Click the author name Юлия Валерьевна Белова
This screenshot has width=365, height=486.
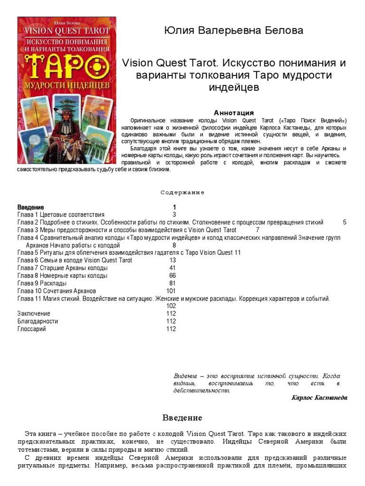[x=233, y=31]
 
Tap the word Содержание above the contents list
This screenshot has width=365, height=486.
[x=182, y=193]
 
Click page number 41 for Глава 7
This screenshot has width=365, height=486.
[x=173, y=268]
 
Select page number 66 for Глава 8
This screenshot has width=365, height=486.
[x=173, y=275]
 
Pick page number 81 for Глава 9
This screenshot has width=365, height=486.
[x=173, y=283]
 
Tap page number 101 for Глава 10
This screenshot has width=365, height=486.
[x=171, y=290]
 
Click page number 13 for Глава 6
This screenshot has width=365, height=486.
[x=173, y=260]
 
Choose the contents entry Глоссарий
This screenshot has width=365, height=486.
[x=31, y=329]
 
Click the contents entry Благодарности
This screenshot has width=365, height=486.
[x=38, y=321]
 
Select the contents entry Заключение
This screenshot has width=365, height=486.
[x=34, y=314]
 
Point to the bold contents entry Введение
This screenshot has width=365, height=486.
[x=31, y=207]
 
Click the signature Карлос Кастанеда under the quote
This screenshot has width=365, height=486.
[x=319, y=398]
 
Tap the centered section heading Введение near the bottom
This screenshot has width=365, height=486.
[x=182, y=418]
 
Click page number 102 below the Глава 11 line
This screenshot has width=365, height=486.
[x=171, y=306]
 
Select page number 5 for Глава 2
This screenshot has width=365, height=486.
[x=345, y=222]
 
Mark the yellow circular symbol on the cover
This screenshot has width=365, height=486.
[x=96, y=64]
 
